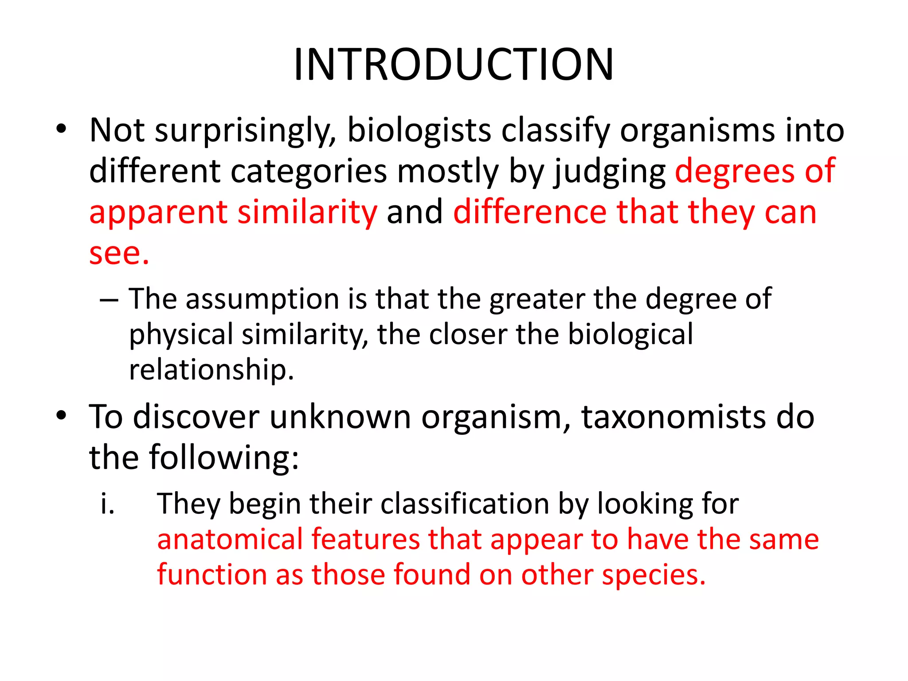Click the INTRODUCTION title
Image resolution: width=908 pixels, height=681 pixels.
tap(454, 65)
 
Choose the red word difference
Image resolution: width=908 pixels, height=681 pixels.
tap(530, 212)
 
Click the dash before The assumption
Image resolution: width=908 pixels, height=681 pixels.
tap(109, 300)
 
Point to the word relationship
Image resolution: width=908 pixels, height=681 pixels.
tap(211, 370)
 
